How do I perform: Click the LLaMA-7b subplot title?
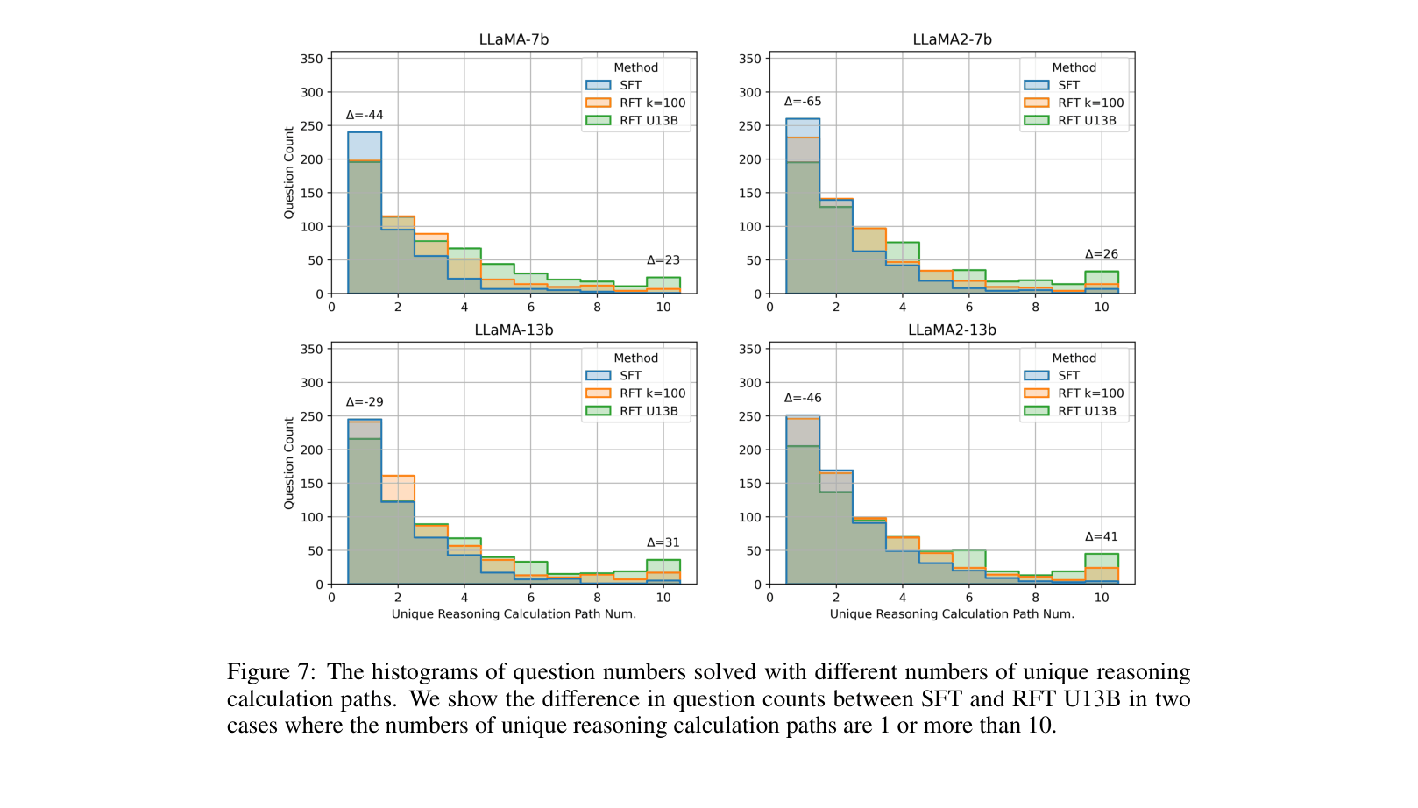point(514,39)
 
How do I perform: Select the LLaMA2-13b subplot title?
point(952,330)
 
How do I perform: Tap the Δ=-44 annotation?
point(365,115)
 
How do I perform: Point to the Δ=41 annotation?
point(1102,536)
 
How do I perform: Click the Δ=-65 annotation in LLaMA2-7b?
point(803,102)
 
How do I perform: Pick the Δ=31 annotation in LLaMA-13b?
point(663,542)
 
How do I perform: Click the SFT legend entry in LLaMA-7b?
point(630,85)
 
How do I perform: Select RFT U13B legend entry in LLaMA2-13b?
point(1087,411)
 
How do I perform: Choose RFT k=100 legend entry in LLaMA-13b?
point(652,393)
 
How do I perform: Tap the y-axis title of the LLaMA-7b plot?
point(289,173)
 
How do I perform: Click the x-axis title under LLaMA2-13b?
point(952,613)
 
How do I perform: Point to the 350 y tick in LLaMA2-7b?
point(750,59)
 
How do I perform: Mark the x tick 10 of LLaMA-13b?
point(663,598)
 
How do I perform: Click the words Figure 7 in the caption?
point(270,672)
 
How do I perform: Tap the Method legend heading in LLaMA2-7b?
point(1074,67)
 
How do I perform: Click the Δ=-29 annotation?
point(365,402)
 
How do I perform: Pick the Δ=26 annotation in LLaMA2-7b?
point(1102,254)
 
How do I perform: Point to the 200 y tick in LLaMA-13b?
point(312,450)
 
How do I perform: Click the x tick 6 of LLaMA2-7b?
point(969,307)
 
